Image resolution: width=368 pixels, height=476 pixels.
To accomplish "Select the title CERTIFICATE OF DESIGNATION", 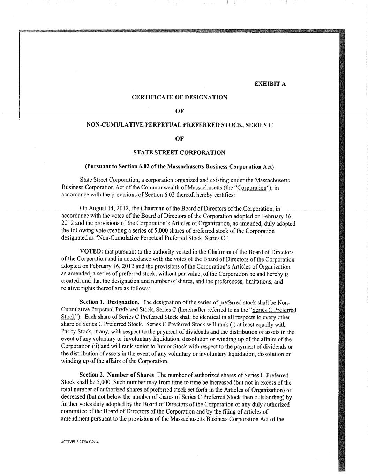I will coord(179,97).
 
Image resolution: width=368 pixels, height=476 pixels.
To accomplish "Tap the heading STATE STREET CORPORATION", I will coord(179,152).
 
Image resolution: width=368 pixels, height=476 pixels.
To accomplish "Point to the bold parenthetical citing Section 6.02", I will coord(179,166).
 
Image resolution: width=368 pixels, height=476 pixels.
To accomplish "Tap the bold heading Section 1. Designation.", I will coord(110,303).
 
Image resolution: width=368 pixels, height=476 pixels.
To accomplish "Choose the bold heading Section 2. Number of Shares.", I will coord(117,375).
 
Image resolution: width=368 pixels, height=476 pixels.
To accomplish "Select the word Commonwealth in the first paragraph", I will coord(152,187).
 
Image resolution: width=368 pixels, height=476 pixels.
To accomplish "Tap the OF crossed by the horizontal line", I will coord(179,111).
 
